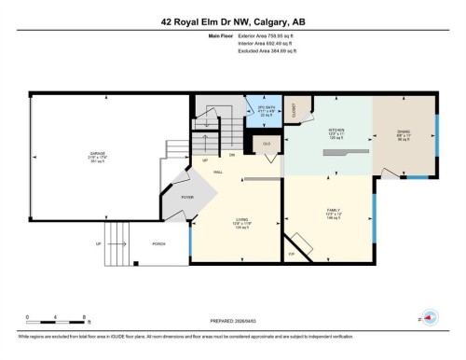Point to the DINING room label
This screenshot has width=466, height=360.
[x=402, y=131]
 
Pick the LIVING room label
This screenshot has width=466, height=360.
[x=240, y=221]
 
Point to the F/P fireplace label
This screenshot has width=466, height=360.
[x=291, y=253]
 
